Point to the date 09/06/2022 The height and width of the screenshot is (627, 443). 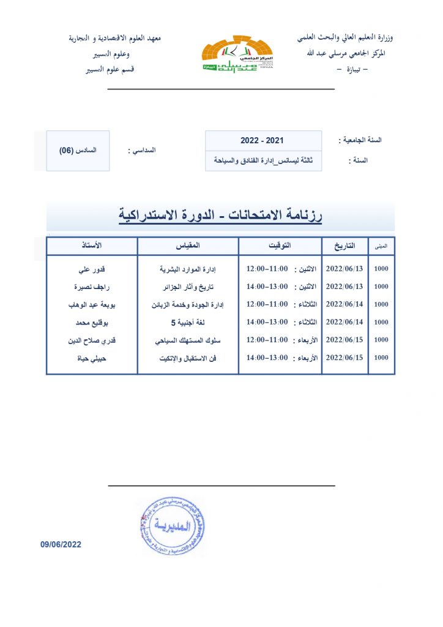(61, 544)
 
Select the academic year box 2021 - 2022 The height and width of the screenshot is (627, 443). (262, 141)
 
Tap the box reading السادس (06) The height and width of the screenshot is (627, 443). (78, 151)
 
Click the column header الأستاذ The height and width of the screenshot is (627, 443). (92, 246)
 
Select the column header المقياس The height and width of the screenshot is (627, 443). (187, 246)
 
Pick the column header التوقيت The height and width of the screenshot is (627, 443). (280, 246)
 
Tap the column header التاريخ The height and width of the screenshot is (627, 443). (344, 246)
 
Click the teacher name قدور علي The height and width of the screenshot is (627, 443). (92, 269)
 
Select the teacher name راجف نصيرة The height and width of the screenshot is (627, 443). (92, 287)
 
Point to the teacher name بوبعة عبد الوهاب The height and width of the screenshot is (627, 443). (92, 304)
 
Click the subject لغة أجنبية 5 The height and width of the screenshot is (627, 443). (188, 322)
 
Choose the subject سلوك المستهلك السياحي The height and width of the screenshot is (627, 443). (188, 340)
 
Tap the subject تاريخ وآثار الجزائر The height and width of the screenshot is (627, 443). (188, 287)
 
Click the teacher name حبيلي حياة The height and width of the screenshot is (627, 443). (92, 358)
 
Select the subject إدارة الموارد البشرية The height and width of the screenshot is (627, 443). (188, 269)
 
